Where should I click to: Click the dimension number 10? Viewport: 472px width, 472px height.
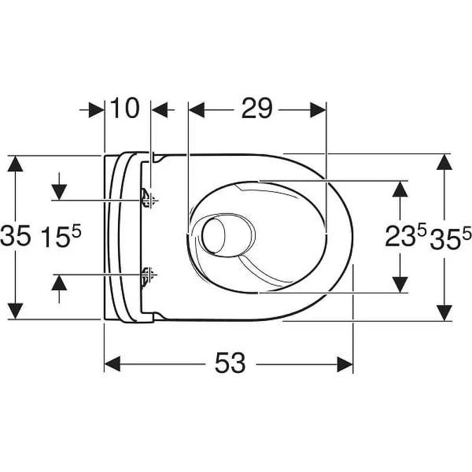point(124,108)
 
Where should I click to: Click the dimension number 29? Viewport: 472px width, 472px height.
point(257,109)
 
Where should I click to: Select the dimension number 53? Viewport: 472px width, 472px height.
point(230,363)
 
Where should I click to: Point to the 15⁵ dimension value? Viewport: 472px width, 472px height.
point(61,237)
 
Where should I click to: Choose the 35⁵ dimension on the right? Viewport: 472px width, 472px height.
point(450,238)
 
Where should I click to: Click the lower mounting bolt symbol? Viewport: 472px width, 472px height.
point(148,276)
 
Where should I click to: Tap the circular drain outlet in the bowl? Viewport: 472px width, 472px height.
point(214,235)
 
